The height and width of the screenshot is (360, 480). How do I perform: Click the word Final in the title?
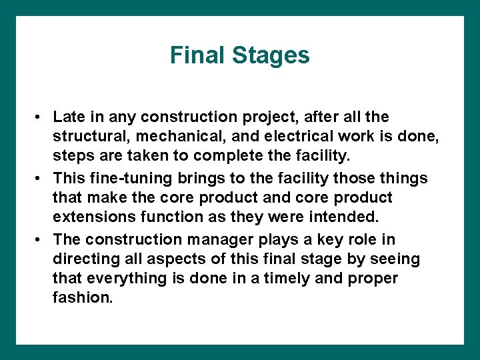click(x=197, y=55)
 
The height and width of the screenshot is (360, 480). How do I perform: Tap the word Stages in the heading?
click(x=271, y=55)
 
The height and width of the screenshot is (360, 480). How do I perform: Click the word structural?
click(x=85, y=137)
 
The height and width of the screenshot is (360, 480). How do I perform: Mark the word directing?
click(x=81, y=259)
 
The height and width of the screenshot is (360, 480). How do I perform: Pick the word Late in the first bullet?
click(x=68, y=117)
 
